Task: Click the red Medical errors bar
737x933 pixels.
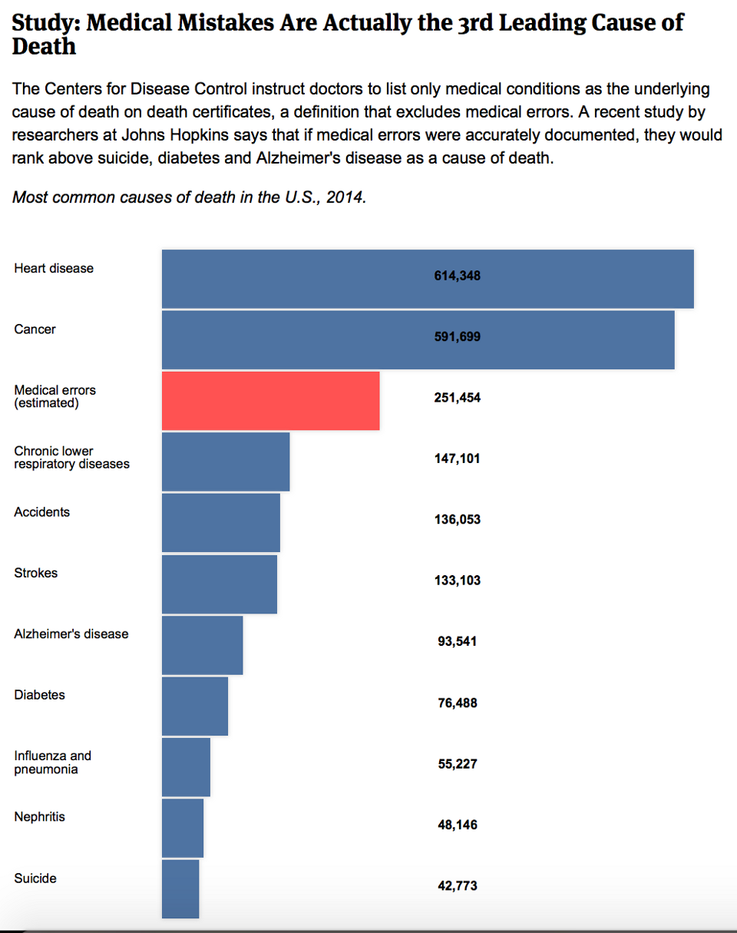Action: (x=270, y=400)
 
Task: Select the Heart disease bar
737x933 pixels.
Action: (x=427, y=279)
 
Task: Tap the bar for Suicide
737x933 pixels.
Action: (x=180, y=888)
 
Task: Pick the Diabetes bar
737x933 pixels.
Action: (x=195, y=706)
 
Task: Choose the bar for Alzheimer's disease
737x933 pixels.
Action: (x=202, y=644)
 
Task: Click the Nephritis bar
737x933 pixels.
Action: (x=183, y=827)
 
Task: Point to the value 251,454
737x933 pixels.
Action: (x=458, y=398)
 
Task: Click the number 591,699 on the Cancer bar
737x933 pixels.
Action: (x=458, y=336)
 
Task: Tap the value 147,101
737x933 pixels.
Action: (x=458, y=458)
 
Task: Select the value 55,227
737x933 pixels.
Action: (x=458, y=764)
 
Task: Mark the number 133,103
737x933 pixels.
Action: (x=458, y=581)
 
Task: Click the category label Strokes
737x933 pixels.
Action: (x=35, y=573)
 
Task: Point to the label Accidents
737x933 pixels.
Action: (x=41, y=512)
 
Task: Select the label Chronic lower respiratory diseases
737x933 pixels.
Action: (x=71, y=458)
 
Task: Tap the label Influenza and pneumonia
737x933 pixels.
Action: (x=52, y=763)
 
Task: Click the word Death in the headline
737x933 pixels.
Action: (x=44, y=46)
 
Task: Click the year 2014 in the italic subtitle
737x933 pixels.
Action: (x=347, y=197)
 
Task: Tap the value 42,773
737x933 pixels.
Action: (x=458, y=886)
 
